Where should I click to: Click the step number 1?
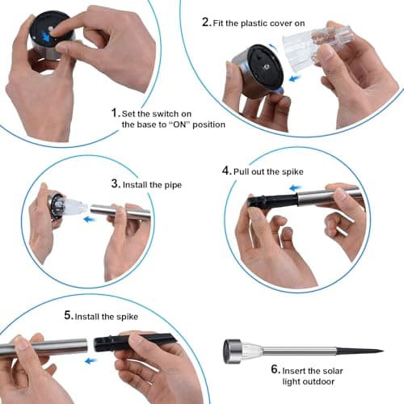[x=116, y=112]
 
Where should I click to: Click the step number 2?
[x=206, y=22]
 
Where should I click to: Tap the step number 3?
[x=116, y=183]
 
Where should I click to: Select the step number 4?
[x=226, y=170]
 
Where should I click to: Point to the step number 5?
[x=69, y=315]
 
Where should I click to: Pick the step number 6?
[x=276, y=369]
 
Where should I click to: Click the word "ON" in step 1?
[x=180, y=124]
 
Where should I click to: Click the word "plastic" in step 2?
[x=254, y=23]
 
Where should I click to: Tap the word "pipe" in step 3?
[x=172, y=185]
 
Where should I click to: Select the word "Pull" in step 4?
[x=241, y=171]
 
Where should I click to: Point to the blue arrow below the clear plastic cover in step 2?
[x=294, y=78]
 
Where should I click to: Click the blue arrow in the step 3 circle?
[x=90, y=220]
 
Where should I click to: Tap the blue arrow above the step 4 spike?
[x=295, y=187]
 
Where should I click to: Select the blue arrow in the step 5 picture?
[x=90, y=360]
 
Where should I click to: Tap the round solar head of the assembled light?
[x=233, y=351]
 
